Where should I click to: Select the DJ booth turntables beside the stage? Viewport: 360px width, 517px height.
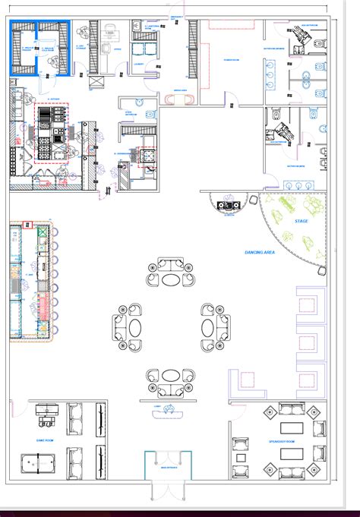coord(226,205)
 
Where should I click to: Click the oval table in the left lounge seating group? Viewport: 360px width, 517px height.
coord(134,327)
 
